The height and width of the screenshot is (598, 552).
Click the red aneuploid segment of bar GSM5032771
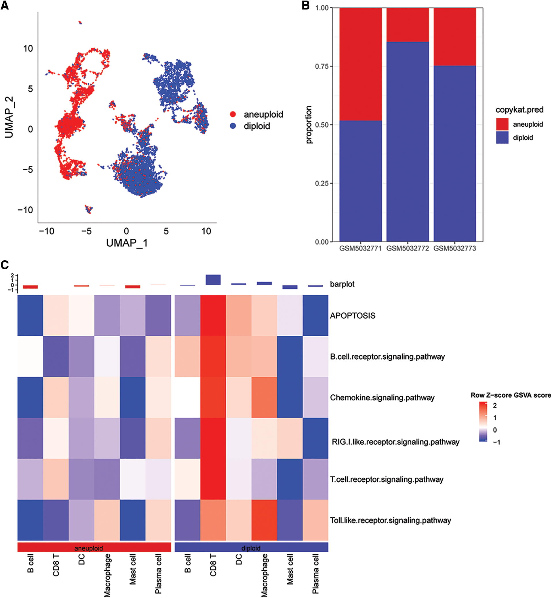coord(361,64)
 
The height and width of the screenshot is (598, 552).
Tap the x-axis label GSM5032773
coord(454,248)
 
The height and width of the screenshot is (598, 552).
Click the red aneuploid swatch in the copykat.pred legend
coord(502,124)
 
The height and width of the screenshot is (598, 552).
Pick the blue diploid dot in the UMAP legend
coord(233,126)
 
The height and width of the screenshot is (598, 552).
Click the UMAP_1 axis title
coord(127,243)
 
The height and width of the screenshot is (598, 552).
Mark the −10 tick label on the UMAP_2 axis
coord(25,210)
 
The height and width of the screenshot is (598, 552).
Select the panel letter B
coord(306,5)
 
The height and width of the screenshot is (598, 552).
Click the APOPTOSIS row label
coord(353,316)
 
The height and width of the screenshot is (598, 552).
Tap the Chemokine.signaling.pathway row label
coord(382,398)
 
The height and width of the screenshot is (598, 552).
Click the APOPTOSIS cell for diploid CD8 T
coord(213,316)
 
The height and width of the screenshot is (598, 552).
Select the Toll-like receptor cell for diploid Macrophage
coord(264,520)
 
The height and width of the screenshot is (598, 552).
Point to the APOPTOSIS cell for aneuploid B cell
coord(31,316)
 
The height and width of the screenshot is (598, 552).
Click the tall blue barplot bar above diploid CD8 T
coord(213,280)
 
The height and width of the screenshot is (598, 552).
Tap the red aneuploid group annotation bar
coord(94,547)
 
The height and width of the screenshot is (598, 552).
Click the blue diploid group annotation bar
coord(251,547)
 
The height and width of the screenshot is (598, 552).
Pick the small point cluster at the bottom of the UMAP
coord(89,209)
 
